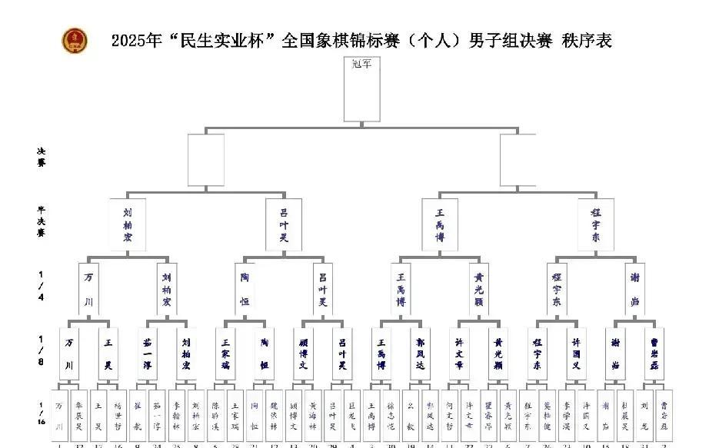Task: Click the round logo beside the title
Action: tap(75, 40)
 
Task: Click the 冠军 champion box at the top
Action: tap(361, 90)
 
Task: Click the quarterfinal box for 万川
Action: tap(89, 289)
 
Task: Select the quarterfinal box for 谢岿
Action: tap(635, 289)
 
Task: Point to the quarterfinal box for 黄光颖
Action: tap(479, 289)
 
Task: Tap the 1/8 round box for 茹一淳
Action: tap(148, 353)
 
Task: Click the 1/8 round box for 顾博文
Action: tap(303, 353)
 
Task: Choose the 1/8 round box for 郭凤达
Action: tap(421, 353)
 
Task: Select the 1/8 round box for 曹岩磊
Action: tap(654, 353)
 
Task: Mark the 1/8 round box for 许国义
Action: tap(577, 353)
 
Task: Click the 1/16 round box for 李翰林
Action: tap(177, 415)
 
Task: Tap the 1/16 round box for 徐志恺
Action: tap(391, 415)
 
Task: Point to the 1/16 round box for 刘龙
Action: tap(644, 415)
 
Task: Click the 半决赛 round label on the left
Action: tap(41, 221)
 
